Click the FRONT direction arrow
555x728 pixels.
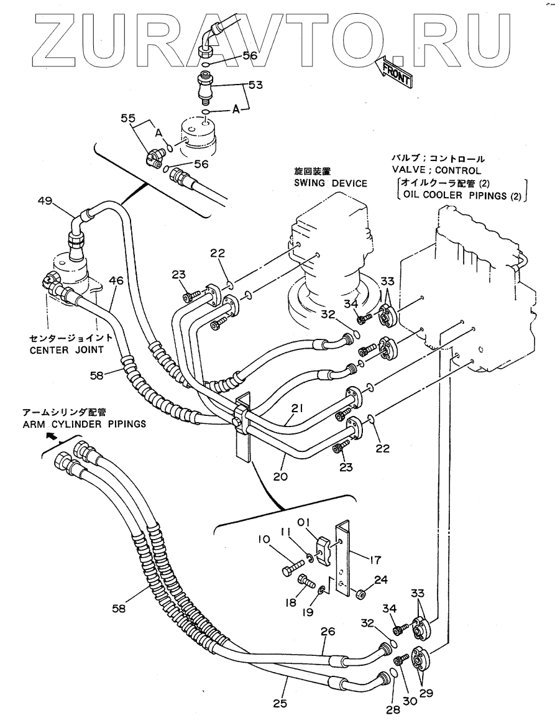click(394, 71)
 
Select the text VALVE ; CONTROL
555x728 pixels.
click(436, 170)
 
